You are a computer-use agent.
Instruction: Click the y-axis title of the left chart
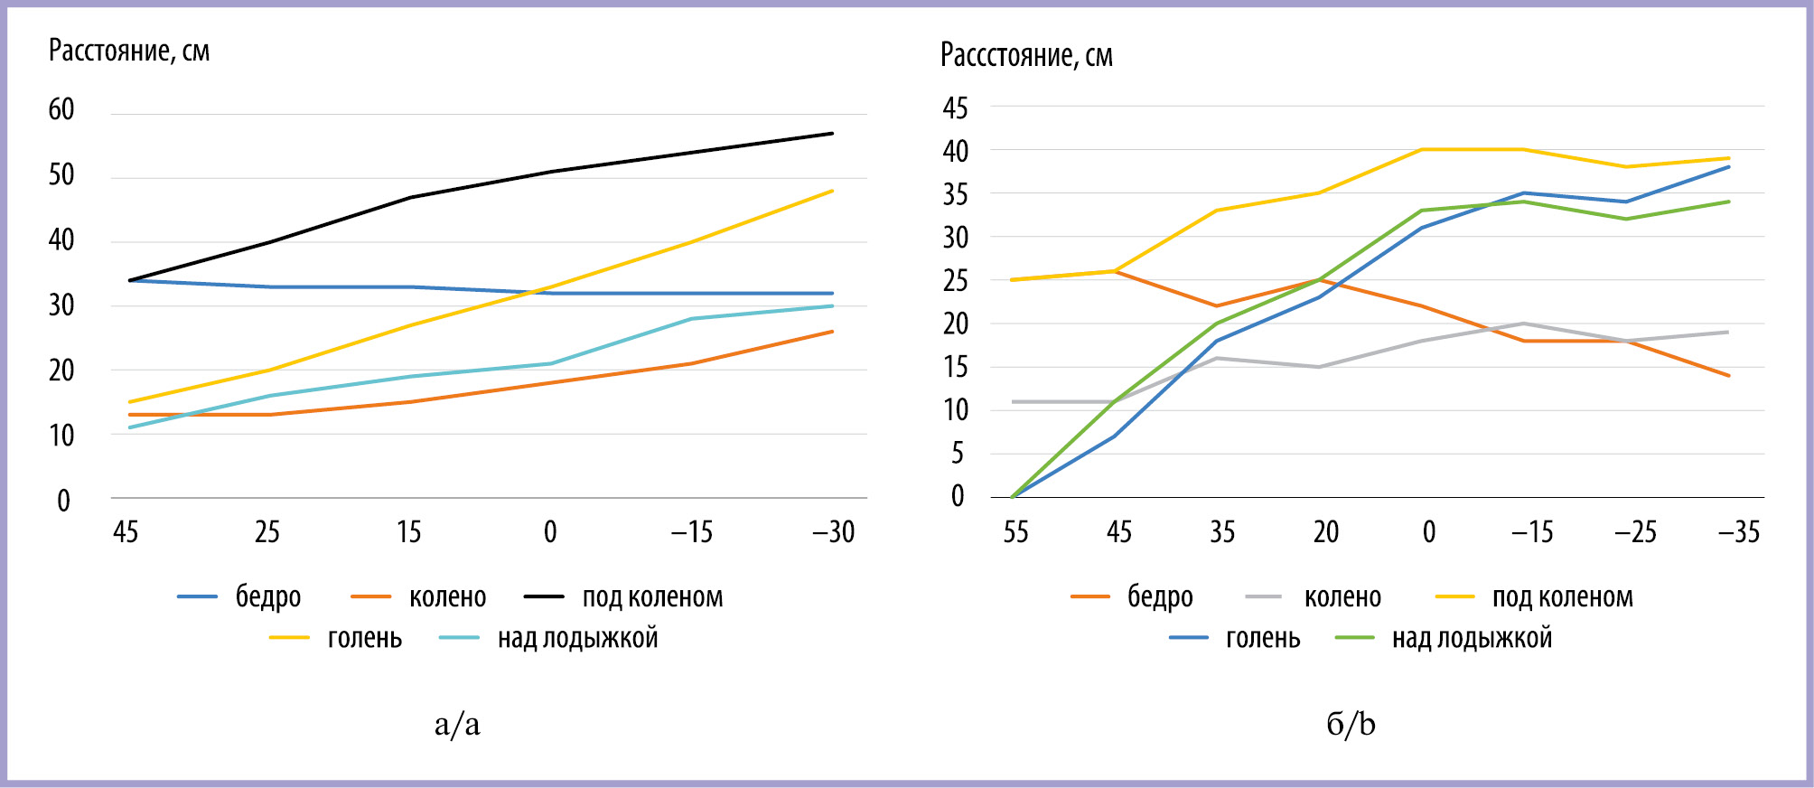click(x=129, y=52)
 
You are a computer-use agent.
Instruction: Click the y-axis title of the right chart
click(x=1026, y=56)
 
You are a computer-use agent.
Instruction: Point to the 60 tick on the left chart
click(x=61, y=110)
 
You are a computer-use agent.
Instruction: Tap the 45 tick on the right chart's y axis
click(x=955, y=108)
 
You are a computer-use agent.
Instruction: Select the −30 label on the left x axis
click(x=833, y=532)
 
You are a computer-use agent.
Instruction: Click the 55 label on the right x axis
click(x=1015, y=532)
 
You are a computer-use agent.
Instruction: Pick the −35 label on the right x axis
click(x=1738, y=532)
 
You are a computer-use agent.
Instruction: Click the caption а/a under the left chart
click(x=457, y=724)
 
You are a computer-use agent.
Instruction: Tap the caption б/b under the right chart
click(x=1351, y=724)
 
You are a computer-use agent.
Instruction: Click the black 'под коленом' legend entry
click(x=624, y=597)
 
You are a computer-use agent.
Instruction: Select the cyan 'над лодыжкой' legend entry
click(x=548, y=639)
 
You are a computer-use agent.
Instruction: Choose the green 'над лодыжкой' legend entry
click(x=1444, y=639)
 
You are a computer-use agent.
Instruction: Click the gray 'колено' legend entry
click(x=1314, y=597)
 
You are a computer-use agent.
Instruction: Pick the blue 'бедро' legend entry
click(x=239, y=597)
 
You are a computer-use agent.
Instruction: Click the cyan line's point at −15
click(x=692, y=319)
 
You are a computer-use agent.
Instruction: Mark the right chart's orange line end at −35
click(x=1729, y=376)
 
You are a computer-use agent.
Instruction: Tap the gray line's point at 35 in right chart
click(x=1217, y=359)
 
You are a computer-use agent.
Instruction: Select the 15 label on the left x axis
click(x=409, y=532)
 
